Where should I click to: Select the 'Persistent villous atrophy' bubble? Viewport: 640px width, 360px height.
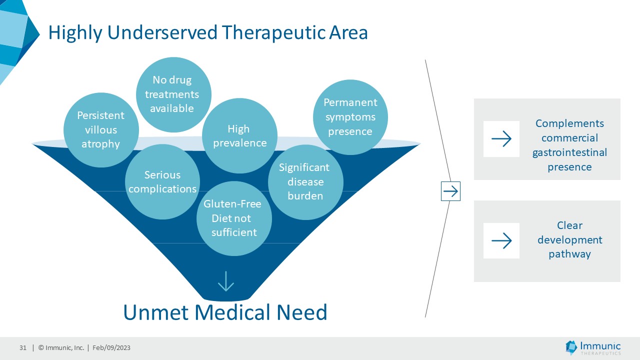[x=101, y=130]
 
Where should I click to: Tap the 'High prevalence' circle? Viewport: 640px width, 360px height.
[x=239, y=136]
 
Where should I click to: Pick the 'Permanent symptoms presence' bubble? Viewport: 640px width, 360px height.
[x=350, y=117]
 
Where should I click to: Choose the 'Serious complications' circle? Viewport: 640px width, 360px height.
[x=162, y=182]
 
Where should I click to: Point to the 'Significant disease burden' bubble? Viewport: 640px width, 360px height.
[x=305, y=182]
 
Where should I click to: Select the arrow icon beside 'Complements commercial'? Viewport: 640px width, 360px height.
[x=501, y=139]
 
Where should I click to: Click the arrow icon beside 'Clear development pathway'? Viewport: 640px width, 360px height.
[x=501, y=241]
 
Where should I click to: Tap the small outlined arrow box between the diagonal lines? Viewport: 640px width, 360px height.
[x=450, y=191]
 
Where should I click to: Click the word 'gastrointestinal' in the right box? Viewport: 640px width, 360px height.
[x=569, y=152]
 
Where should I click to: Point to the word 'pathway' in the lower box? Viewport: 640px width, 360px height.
[x=569, y=254]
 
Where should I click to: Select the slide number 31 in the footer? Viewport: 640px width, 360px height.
[x=23, y=348]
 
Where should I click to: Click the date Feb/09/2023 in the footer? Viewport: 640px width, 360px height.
[x=111, y=348]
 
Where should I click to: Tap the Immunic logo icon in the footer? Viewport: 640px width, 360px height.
[x=571, y=347]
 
